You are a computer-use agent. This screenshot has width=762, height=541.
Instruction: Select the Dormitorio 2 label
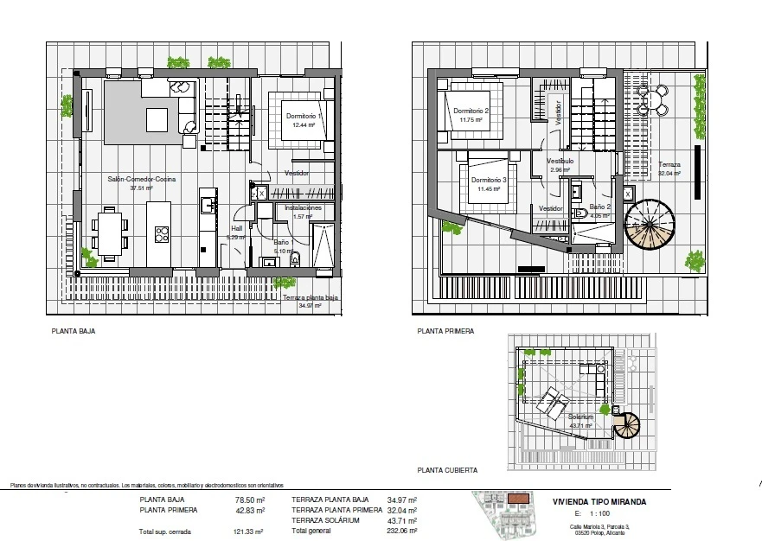pos(471,111)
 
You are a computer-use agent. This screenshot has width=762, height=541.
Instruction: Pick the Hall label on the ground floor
pos(236,229)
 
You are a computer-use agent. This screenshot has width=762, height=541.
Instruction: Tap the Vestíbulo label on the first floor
pos(560,161)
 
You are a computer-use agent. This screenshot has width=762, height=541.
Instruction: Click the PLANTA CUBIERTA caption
pos(446,470)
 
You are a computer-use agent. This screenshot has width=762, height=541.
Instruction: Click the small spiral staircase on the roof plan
pos(629,425)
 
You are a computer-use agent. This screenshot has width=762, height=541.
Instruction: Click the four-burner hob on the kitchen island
pos(162,231)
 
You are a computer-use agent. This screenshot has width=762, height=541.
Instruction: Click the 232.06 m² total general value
pos(403,531)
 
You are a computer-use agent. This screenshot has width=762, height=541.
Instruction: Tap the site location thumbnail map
pos(508,511)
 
